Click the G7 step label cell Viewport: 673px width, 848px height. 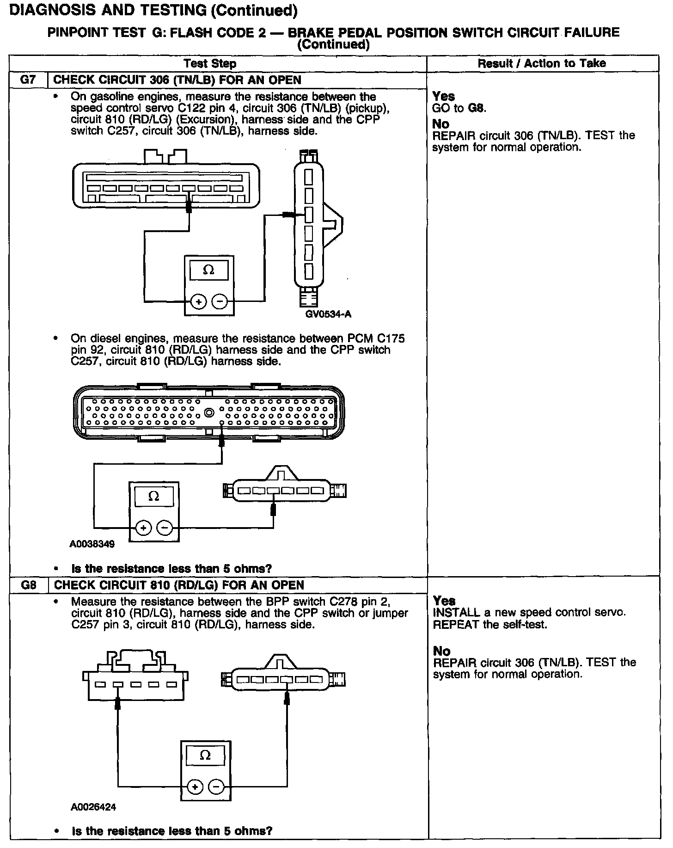pos(28,80)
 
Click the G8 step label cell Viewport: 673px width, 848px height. pos(29,585)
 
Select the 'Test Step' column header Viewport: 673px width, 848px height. pos(210,63)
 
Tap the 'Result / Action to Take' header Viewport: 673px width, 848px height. pos(542,63)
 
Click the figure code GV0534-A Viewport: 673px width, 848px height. pos(328,314)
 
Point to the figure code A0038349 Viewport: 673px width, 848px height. pos(92,544)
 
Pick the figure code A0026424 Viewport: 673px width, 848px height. pos(93,807)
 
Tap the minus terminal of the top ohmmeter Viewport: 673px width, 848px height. pos(220,302)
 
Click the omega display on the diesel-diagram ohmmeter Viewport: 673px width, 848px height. pos(154,497)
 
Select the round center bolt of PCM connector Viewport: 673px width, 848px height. pos(209,412)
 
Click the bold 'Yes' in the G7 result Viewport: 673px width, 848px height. pos(444,96)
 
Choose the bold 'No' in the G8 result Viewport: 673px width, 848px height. pos(442,651)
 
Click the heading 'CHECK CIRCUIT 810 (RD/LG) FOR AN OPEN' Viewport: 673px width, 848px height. pos(179,585)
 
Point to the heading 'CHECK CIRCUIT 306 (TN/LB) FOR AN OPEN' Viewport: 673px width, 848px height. pos(177,80)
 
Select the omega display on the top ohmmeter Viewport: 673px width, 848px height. pos(208,270)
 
